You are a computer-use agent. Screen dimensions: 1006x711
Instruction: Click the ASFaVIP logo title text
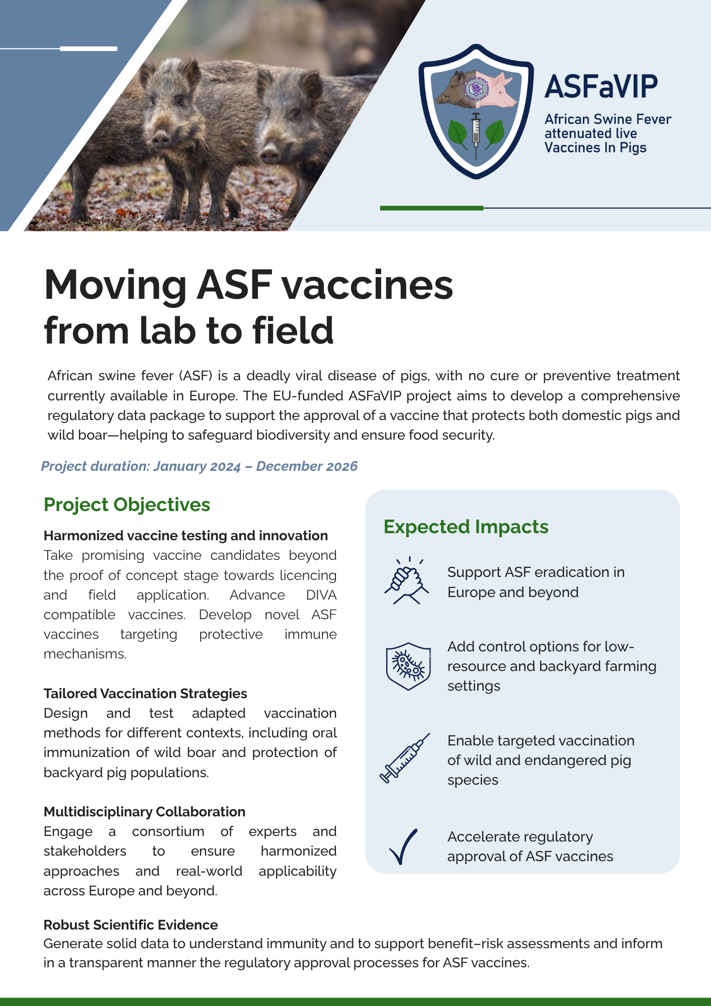[x=601, y=87]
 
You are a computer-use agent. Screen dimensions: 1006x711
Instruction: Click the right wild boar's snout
[x=270, y=153]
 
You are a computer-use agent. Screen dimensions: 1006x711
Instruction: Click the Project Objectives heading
[x=127, y=505]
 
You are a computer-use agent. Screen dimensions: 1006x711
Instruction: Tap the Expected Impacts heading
[x=466, y=527]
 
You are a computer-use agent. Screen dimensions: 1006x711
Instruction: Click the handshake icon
[x=407, y=581]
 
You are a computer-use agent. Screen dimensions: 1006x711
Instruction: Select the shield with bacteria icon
[x=408, y=666]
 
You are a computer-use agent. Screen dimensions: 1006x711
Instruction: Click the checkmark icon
[x=403, y=846]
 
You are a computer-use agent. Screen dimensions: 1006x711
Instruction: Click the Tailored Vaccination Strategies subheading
[x=145, y=694]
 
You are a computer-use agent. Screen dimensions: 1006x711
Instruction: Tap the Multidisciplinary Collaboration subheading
[x=144, y=812]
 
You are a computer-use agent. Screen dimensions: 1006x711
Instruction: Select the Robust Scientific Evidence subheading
[x=131, y=925]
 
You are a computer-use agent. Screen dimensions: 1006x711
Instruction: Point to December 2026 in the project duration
[x=307, y=466]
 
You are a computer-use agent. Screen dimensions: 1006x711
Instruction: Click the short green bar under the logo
[x=431, y=208]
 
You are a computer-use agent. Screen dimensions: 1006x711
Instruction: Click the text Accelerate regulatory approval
[x=530, y=846]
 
